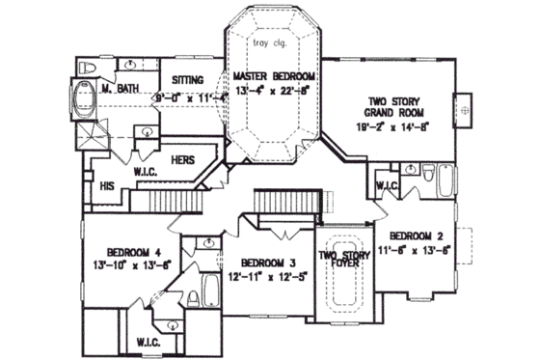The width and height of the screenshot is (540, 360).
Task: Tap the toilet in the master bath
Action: click(86, 68)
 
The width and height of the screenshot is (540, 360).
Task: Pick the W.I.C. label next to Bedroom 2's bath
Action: click(387, 185)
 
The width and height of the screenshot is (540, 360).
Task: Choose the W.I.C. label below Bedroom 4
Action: click(148, 342)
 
